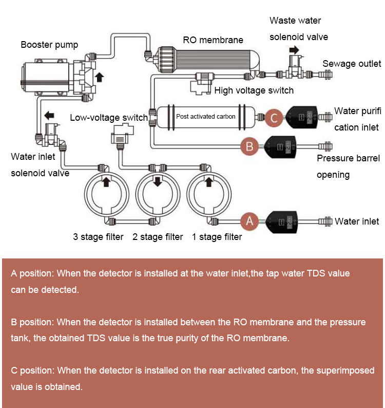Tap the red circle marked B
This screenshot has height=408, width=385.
249,146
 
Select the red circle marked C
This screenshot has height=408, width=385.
274,118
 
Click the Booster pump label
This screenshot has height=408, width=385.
49,45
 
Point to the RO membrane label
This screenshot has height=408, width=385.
213,40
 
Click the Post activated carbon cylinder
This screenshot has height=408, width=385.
206,117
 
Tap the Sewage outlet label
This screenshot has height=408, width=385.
352,64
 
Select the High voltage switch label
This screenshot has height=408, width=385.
254,90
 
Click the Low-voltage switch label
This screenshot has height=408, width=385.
109,118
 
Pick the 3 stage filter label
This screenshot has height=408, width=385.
98,237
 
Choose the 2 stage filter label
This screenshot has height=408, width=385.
158,237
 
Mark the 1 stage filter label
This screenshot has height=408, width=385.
217,237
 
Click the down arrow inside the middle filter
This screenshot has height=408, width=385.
158,181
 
